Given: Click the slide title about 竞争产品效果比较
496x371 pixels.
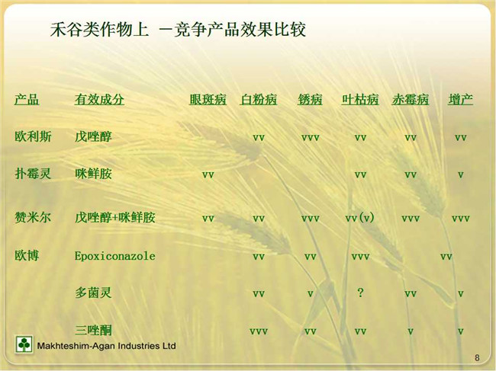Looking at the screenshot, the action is coord(178,30).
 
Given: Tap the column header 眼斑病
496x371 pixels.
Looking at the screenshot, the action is coord(208,100).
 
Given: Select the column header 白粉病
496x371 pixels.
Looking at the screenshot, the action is coord(259,100).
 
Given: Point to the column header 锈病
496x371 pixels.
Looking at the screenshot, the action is coord(310,100).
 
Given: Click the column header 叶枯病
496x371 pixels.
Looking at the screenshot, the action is coord(360,100).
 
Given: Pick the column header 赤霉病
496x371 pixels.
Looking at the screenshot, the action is coord(411,100).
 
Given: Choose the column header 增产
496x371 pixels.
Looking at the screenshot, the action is coord(460,100).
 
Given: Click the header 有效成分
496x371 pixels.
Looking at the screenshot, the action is coord(99,100).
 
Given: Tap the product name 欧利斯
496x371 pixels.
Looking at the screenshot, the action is coord(33,136).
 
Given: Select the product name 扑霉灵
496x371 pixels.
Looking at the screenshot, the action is coord(33,174).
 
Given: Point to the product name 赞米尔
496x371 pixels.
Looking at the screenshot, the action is coord(33,218).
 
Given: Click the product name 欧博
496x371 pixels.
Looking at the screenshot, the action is coord(27,255).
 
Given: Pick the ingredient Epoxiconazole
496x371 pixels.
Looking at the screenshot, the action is coord(114,256).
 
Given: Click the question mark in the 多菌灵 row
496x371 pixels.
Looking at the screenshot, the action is coord(360,293).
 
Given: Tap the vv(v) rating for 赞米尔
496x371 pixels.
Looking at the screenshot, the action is coord(360,218).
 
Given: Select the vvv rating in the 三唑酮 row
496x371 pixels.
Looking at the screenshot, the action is coord(259,331).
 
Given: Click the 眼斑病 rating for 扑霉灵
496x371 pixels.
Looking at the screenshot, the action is coord(208,175).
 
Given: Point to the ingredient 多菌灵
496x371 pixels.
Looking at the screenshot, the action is coord(93,293).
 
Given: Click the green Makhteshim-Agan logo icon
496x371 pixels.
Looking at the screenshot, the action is coord(24,344).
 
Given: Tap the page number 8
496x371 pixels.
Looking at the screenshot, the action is coord(477,358).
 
